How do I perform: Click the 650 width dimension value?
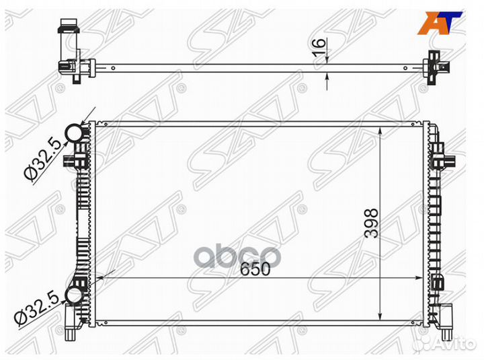pyautogui.click(x=255, y=269)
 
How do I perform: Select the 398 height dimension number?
pyautogui.click(x=371, y=223)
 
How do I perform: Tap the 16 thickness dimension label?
pyautogui.click(x=319, y=47)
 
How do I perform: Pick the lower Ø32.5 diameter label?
pyautogui.click(x=37, y=309)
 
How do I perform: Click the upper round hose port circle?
pyautogui.click(x=74, y=133)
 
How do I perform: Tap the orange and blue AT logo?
pyautogui.click(x=439, y=23)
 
